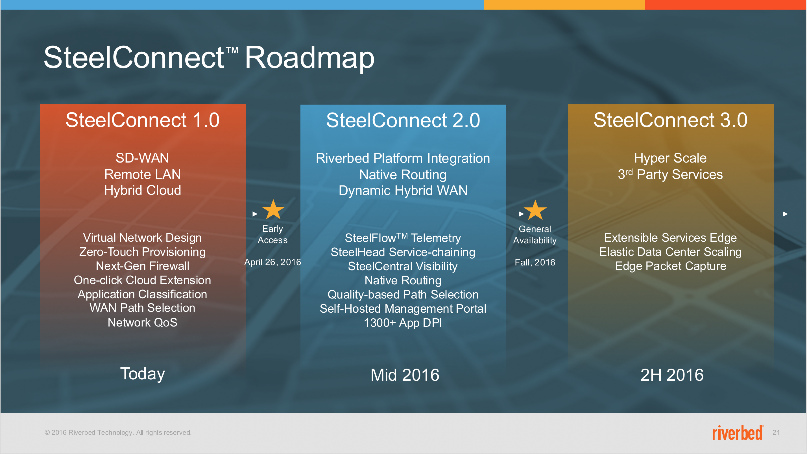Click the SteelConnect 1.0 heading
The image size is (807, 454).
pos(143,120)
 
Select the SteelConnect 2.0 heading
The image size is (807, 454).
pos(403,120)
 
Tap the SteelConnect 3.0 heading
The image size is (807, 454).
pos(670,120)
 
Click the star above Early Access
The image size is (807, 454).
pos(273,209)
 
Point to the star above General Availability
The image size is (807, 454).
pos(535,210)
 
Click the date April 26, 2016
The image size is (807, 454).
pos(272,262)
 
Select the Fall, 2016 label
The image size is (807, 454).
pos(535,262)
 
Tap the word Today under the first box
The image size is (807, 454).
pos(143,374)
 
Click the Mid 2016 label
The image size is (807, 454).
pos(405,375)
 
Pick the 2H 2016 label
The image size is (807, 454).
pos(672,375)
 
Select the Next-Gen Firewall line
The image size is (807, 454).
pos(143,266)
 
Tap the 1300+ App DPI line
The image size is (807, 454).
pos(403,323)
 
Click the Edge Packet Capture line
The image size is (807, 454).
pos(670,266)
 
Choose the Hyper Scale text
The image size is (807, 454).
pos(670,158)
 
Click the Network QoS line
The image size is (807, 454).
pos(143,323)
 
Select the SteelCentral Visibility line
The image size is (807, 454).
pos(403,267)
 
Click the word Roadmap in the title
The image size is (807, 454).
pos(309,58)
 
